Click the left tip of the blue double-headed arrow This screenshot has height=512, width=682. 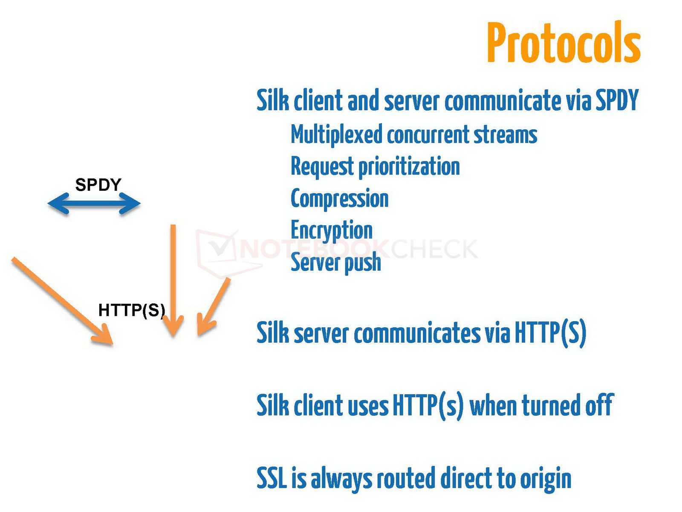48,204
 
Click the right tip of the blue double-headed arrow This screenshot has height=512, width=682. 141,204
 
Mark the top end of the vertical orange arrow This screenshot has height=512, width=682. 173,225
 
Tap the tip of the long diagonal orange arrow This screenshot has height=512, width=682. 113,344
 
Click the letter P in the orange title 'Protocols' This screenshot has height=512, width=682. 497,42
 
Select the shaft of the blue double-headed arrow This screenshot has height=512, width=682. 94,204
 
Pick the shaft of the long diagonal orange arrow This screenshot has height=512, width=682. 63,301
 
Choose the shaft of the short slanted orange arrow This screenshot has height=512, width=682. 214,307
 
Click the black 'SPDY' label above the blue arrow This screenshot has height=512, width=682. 98,185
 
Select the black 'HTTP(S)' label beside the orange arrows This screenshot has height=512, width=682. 131,310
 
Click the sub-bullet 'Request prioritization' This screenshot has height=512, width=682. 376,167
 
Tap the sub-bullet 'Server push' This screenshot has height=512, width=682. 336,263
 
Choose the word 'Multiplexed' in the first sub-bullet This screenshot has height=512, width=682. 336,135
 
